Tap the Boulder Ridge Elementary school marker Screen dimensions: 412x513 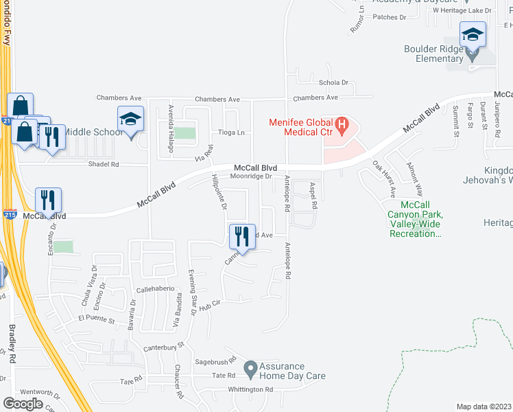[473, 35]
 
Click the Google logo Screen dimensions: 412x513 [23, 403]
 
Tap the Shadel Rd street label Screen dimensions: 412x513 [104, 165]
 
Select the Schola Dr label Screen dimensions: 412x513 [333, 82]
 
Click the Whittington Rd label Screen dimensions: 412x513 [251, 389]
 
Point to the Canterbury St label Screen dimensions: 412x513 [165, 347]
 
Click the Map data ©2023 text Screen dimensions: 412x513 [484, 407]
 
